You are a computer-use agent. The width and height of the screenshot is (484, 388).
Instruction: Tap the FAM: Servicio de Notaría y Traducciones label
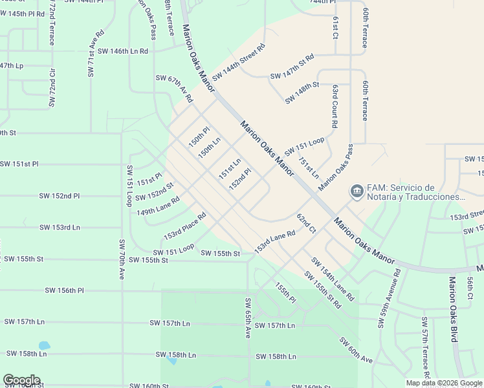[416, 192]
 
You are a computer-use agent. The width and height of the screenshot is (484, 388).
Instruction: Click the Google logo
[21, 380]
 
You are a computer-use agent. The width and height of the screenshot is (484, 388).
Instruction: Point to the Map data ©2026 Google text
[443, 383]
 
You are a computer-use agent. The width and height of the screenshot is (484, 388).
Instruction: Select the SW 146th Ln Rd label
[123, 51]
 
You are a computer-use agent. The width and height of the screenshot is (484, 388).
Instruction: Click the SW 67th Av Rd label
[174, 89]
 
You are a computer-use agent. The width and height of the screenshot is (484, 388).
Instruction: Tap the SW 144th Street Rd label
[239, 61]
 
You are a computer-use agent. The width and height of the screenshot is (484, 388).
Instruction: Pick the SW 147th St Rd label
[292, 67]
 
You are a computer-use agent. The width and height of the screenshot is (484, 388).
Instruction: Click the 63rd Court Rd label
[335, 105]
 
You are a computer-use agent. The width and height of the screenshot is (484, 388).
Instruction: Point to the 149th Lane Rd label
[157, 206]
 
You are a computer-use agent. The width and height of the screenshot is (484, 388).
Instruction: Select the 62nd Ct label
[306, 223]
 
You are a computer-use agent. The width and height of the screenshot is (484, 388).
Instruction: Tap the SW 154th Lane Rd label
[333, 279]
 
